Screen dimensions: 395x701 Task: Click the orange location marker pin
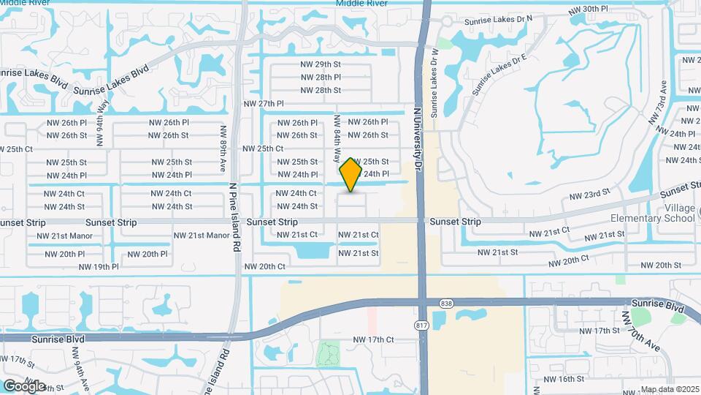coord(351,175)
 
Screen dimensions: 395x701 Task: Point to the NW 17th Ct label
coord(373,340)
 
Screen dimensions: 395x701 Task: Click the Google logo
coord(23,385)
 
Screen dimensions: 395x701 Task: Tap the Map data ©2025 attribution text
coord(670,389)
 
